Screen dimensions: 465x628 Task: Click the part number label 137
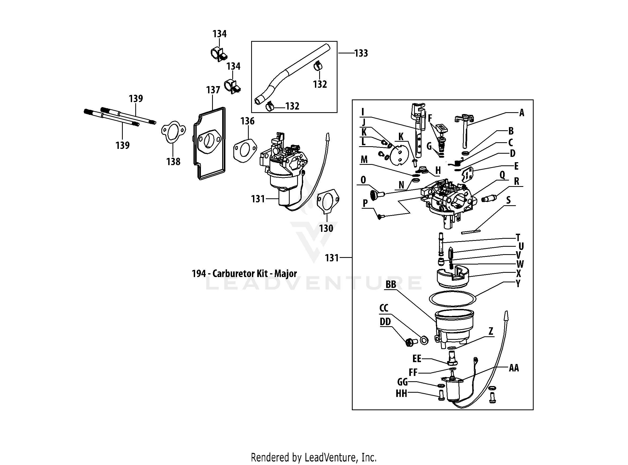(x=213, y=90)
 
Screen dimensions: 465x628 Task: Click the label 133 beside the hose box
(x=361, y=53)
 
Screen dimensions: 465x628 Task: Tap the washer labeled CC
(x=424, y=340)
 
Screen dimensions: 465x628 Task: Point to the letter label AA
(x=514, y=368)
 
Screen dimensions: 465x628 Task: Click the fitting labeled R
(x=489, y=199)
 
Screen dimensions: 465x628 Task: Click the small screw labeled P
(x=380, y=216)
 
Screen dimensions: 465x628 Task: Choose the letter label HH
(x=401, y=393)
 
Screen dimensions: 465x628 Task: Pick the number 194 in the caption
(x=199, y=274)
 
